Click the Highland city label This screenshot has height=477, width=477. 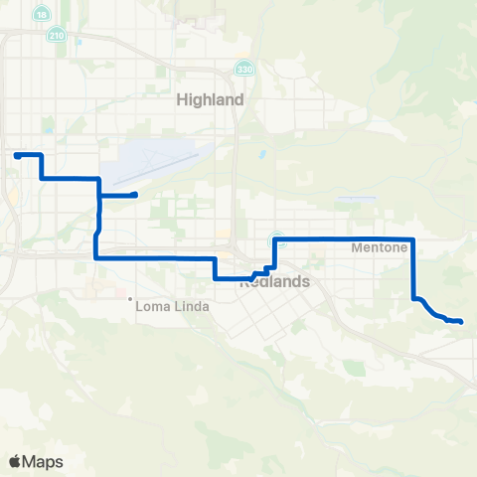click(210, 100)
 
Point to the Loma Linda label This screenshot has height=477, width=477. click(175, 306)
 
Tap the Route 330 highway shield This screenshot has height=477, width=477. click(243, 69)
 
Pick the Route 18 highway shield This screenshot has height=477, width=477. click(40, 15)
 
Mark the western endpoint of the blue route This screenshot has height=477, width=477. click(16, 155)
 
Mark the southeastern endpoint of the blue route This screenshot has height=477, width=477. click(461, 321)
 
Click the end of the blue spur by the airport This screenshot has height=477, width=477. click(134, 195)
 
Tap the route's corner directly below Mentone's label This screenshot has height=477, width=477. click(412, 239)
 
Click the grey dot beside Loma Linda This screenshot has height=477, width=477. click(132, 298)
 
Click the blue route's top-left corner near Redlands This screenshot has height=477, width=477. click(274, 239)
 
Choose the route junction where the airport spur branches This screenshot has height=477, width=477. click(99, 195)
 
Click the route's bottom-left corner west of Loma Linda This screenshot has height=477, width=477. click(95, 257)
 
